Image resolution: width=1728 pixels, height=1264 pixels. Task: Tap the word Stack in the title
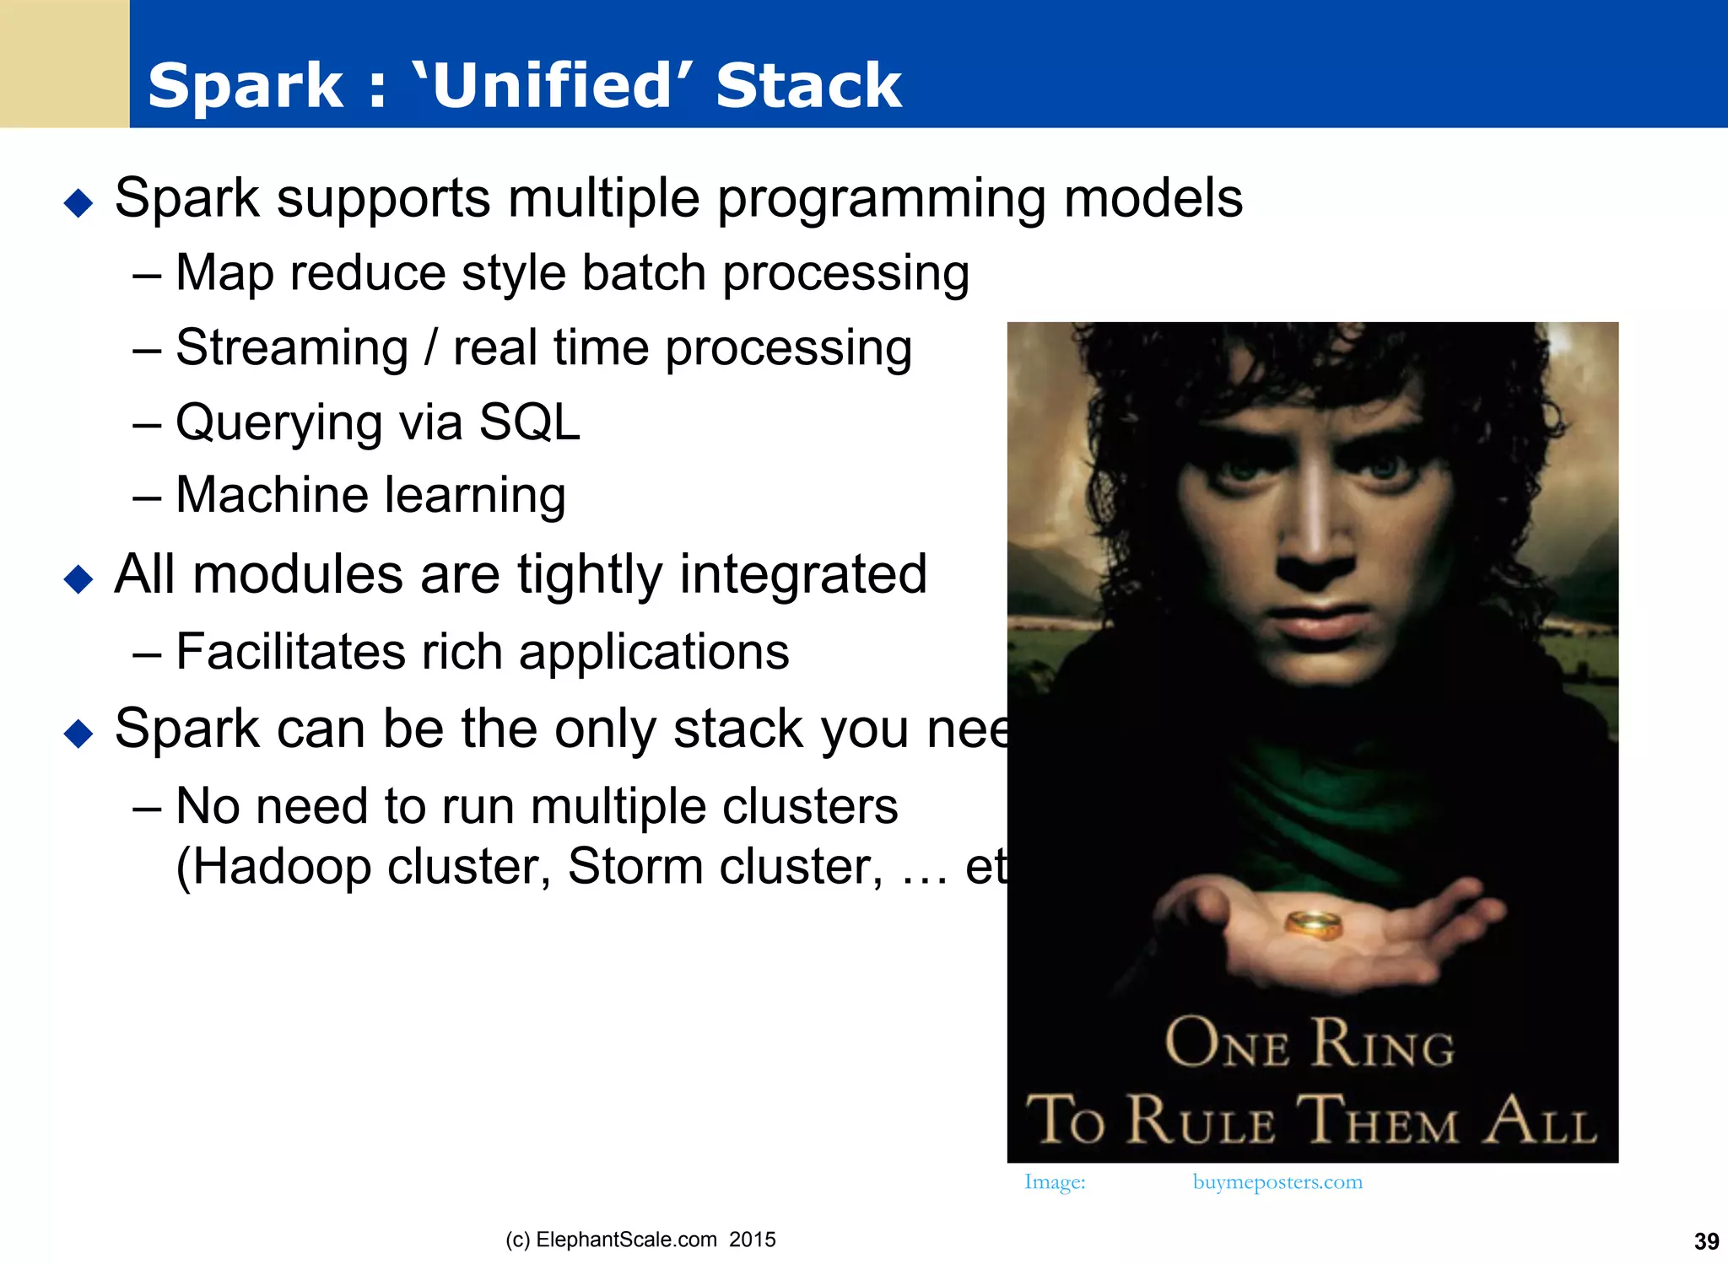(x=808, y=86)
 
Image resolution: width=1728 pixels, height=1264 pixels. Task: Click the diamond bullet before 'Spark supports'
(x=78, y=203)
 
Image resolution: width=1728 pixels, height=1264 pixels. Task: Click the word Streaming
(x=292, y=348)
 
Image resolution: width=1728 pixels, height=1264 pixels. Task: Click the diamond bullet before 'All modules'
(x=78, y=579)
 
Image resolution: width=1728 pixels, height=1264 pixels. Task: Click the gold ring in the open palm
(x=1313, y=924)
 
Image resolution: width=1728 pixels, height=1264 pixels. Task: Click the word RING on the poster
(x=1384, y=1045)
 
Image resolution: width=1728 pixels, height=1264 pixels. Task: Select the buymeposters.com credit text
(x=1277, y=1182)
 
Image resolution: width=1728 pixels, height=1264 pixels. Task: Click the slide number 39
(x=1706, y=1241)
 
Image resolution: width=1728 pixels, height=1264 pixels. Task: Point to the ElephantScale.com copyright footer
(x=640, y=1240)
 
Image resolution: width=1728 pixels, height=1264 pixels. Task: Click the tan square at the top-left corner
(x=64, y=63)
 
